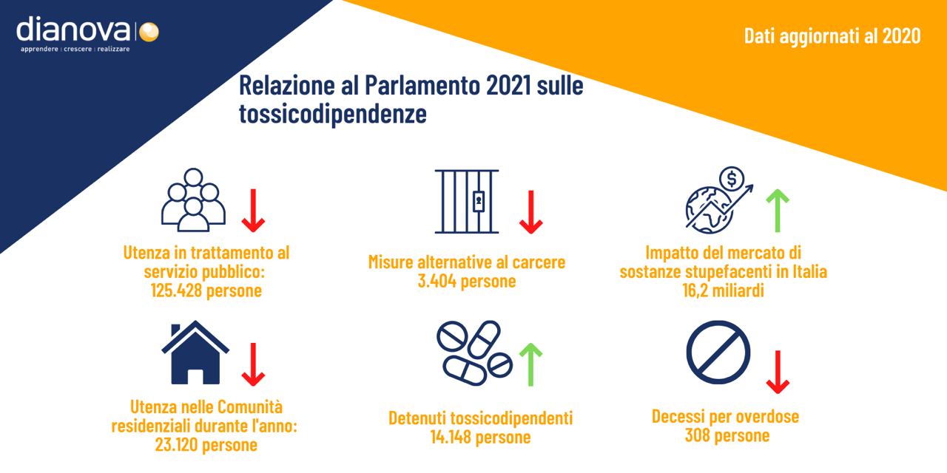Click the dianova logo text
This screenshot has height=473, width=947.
coord(73,29)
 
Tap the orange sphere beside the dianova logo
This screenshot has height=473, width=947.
coord(149,32)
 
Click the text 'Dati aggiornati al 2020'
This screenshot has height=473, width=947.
coord(832,36)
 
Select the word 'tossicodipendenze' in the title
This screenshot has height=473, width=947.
coord(333,114)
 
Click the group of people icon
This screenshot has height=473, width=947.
coord(193,200)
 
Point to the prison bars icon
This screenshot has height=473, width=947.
coord(467,202)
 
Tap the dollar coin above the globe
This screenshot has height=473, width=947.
coord(732,179)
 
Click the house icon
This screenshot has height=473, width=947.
coord(195,353)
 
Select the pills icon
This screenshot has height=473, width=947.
coord(474,353)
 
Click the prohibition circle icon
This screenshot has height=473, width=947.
coord(718,353)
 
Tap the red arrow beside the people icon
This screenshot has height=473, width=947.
coord(253,211)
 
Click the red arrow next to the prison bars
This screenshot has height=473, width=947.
coord(530,212)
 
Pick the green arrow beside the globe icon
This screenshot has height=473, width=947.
coord(778,211)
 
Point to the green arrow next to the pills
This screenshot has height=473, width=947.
coord(530,364)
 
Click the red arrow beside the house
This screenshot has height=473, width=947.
coord(253,364)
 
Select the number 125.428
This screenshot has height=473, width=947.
coord(176,290)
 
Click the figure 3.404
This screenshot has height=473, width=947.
coord(437,281)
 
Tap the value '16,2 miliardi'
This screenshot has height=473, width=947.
coord(723,290)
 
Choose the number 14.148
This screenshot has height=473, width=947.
coord(451,437)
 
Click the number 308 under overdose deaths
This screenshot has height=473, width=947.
coord(697,435)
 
